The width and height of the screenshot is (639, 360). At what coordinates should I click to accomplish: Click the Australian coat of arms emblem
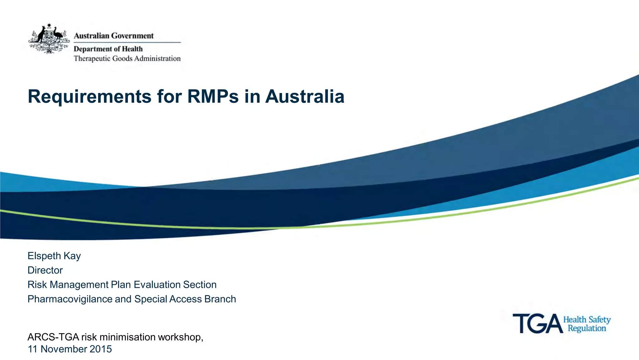point(49,39)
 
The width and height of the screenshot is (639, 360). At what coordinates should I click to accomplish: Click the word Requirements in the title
point(89,96)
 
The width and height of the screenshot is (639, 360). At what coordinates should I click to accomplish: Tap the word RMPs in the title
point(213,96)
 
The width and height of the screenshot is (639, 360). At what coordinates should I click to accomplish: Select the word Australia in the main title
point(305,96)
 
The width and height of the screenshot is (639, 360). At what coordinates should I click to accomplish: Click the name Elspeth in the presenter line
point(44,256)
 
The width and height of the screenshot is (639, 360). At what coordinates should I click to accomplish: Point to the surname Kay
point(72,256)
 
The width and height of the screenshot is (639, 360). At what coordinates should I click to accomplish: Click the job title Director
point(45,270)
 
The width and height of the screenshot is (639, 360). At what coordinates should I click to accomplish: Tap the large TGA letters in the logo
point(537,323)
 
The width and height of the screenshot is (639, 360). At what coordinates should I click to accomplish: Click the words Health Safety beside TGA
point(587,319)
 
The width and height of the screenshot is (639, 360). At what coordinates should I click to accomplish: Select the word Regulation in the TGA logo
point(587,328)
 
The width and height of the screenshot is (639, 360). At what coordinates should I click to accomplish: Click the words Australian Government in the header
point(114,36)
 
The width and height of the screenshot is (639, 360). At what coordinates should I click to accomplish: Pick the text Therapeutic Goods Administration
point(127,58)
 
